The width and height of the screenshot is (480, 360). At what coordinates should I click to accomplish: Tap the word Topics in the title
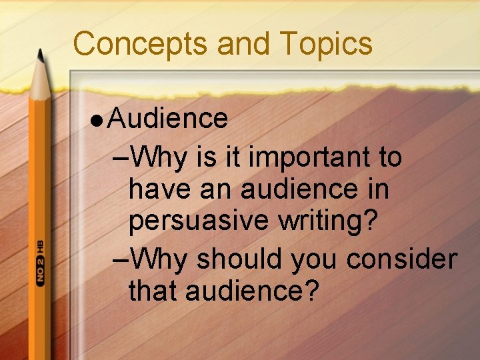point(326,44)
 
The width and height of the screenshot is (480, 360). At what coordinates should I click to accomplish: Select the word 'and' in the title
point(244,44)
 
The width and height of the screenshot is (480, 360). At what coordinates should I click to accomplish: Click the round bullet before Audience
point(97,120)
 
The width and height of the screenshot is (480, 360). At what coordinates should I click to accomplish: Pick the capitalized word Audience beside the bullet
point(168,119)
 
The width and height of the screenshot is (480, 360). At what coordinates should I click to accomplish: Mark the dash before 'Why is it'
point(123,159)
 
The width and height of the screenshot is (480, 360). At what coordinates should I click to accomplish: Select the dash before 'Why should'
point(123,259)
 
